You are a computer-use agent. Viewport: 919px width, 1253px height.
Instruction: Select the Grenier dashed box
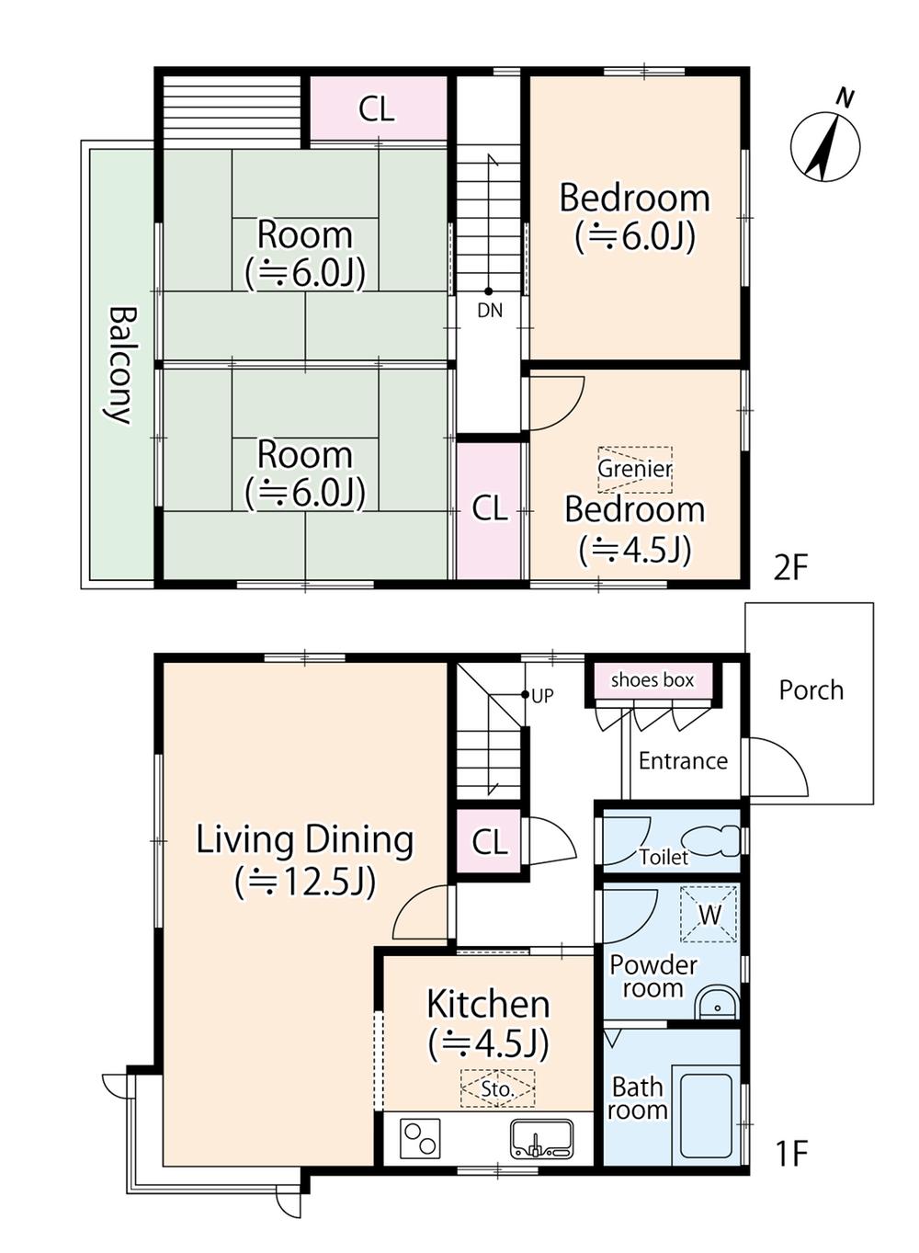(635, 470)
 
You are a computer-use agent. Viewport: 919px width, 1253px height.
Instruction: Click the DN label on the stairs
(490, 310)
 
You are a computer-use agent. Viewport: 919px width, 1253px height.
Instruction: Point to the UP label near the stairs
(542, 695)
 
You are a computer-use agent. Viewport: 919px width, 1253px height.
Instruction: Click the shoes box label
(652, 680)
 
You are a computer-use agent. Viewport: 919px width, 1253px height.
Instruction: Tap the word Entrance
(683, 761)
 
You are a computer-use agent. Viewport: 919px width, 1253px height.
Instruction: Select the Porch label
(811, 690)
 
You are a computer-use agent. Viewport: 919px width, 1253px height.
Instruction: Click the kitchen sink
(541, 1138)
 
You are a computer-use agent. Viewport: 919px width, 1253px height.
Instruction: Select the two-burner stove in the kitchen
(419, 1138)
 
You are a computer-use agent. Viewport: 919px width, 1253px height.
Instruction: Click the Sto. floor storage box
(497, 1088)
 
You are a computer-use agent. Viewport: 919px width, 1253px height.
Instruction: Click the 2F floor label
(789, 569)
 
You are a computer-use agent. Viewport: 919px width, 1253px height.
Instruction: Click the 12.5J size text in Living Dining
(305, 883)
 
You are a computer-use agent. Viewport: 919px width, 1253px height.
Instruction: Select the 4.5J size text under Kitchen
(488, 1043)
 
